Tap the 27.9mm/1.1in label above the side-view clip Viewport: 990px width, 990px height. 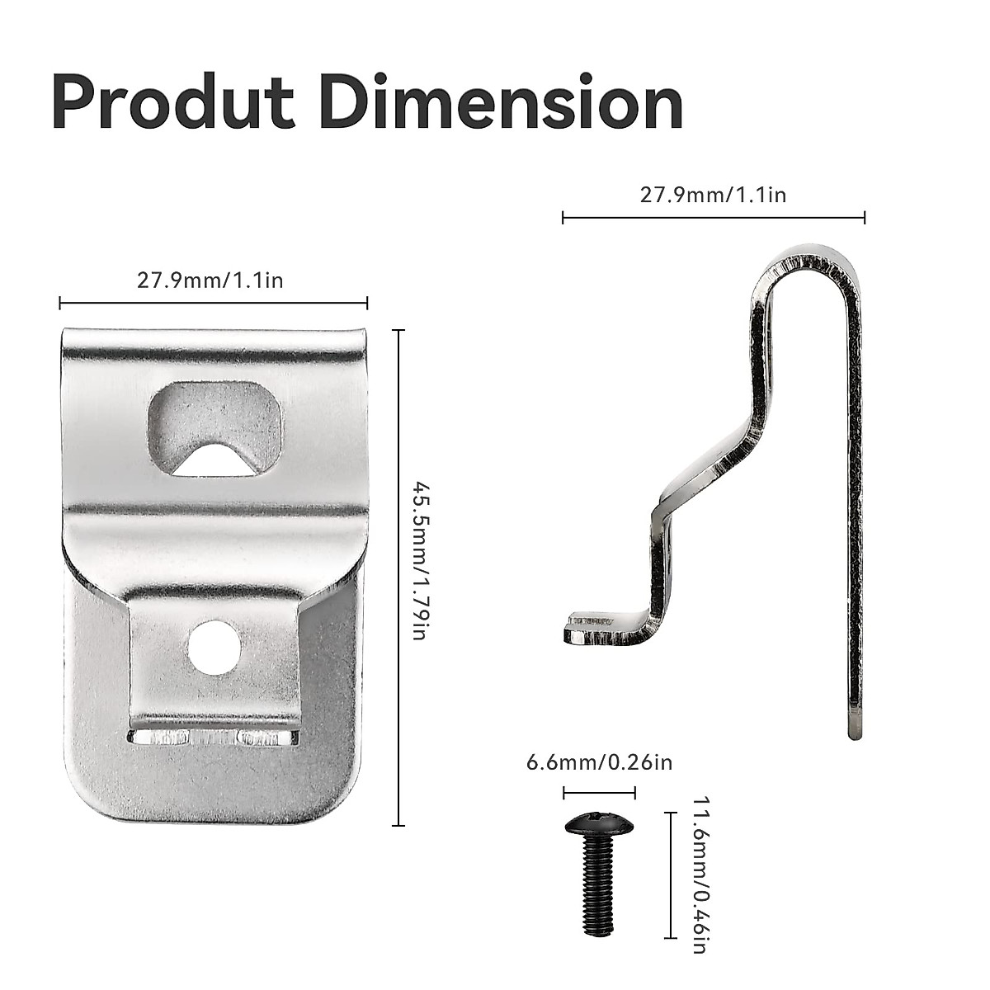(x=713, y=195)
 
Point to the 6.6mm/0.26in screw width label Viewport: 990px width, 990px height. (x=599, y=761)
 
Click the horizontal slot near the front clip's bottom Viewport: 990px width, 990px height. (x=212, y=737)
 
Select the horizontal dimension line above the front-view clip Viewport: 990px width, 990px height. (x=213, y=304)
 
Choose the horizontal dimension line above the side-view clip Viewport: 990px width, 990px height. (x=713, y=218)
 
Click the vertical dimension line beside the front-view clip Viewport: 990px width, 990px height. (x=400, y=577)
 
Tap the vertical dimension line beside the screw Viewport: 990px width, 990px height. (x=668, y=874)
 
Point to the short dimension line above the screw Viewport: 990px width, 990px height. (x=599, y=794)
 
